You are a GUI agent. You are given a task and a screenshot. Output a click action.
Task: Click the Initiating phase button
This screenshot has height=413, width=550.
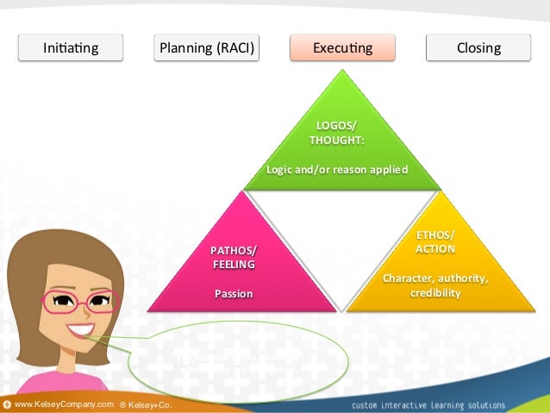tap(72, 47)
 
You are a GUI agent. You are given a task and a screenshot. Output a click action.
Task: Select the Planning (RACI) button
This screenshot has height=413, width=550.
tap(207, 47)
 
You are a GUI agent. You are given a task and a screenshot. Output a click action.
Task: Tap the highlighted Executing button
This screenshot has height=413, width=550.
tap(342, 47)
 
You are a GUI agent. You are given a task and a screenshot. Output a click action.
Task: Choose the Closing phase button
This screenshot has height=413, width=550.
tap(479, 47)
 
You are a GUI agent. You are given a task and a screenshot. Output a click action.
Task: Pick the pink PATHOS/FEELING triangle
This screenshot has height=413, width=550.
tap(242, 267)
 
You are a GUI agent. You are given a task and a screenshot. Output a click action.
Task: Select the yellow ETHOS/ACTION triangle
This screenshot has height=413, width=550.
tap(435, 267)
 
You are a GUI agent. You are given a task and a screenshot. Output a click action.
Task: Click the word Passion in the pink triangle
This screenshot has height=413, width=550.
tap(234, 294)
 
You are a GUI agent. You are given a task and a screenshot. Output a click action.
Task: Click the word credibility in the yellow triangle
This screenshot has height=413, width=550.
tap(435, 293)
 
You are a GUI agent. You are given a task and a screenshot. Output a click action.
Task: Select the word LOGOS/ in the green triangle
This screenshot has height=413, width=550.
tap(335, 125)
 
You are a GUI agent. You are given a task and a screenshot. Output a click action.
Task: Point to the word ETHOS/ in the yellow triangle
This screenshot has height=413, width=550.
tap(435, 235)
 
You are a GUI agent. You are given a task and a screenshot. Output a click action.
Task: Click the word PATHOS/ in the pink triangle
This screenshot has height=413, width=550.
tap(234, 250)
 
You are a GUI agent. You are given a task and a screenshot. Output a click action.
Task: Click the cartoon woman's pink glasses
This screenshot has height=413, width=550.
tap(78, 302)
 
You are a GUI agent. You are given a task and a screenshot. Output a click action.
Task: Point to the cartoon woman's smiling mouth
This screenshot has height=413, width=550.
tap(82, 330)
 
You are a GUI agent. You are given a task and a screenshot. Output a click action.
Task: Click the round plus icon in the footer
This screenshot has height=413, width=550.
tap(7, 404)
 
